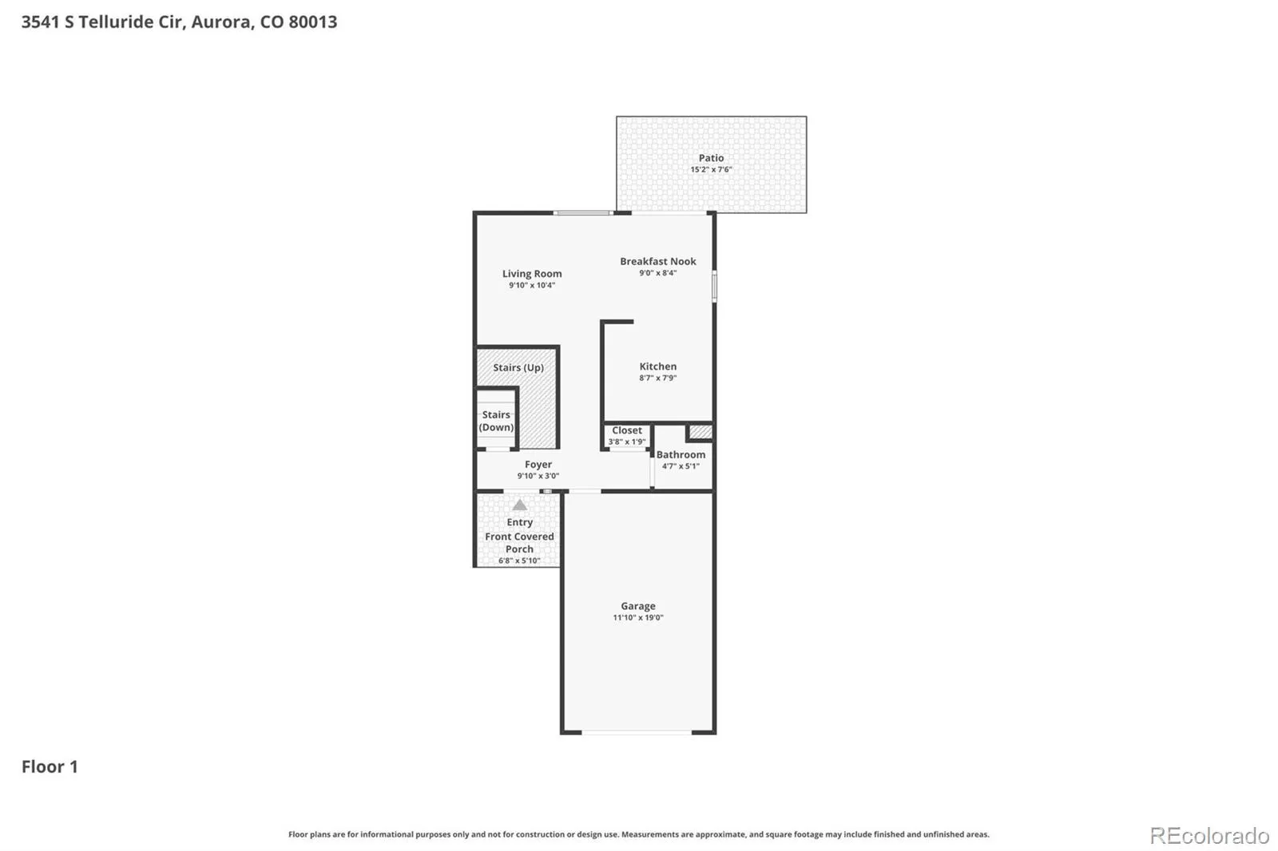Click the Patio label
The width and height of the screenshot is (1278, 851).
(x=711, y=158)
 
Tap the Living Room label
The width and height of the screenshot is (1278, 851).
(x=532, y=274)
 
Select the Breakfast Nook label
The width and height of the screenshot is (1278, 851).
(x=658, y=261)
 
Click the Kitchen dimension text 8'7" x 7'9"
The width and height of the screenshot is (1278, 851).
(x=658, y=378)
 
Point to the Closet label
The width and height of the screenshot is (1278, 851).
(x=627, y=430)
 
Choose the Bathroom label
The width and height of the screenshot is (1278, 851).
(x=681, y=454)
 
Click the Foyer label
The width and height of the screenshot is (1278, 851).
(x=538, y=465)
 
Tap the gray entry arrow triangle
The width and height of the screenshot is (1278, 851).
(x=519, y=505)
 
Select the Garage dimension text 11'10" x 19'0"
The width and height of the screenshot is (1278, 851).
(x=638, y=617)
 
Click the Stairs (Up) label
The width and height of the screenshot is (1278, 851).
(x=518, y=368)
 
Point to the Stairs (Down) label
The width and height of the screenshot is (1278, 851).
(x=496, y=421)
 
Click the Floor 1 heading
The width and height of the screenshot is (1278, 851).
(x=50, y=766)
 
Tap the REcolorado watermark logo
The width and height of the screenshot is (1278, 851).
(x=1209, y=836)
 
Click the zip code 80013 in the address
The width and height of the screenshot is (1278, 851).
(x=312, y=22)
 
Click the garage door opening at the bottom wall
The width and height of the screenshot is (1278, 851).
(x=637, y=732)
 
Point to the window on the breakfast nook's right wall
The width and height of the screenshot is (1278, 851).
(x=714, y=287)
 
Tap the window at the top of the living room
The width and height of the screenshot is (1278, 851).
(x=583, y=212)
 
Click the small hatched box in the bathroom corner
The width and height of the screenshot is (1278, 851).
(x=700, y=432)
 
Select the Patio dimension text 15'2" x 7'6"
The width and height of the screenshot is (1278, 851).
(x=711, y=169)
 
